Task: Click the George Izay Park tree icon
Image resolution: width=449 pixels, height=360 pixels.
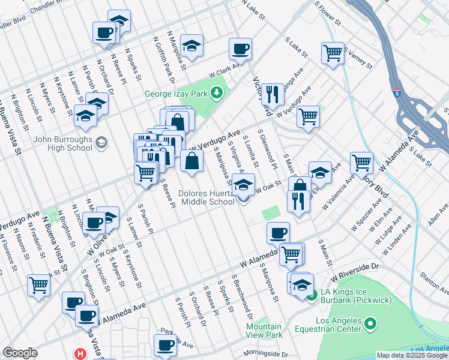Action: pos(217,94)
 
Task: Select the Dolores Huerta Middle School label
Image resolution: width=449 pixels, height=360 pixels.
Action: pos(206,198)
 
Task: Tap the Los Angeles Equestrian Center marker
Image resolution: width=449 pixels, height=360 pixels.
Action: pos(370,325)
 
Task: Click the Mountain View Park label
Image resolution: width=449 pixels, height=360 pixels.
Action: pos(265,331)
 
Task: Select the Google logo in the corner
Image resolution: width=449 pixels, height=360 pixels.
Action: pos(19,353)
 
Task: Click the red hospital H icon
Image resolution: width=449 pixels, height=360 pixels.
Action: pos(80,355)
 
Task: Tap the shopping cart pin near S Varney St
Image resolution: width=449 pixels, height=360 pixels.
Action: pos(333,53)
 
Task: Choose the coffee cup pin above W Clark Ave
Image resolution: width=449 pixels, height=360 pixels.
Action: pos(240,49)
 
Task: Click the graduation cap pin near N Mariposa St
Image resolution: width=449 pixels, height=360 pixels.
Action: pos(191,46)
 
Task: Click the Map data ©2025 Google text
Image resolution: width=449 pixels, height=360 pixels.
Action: pos(411,355)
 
